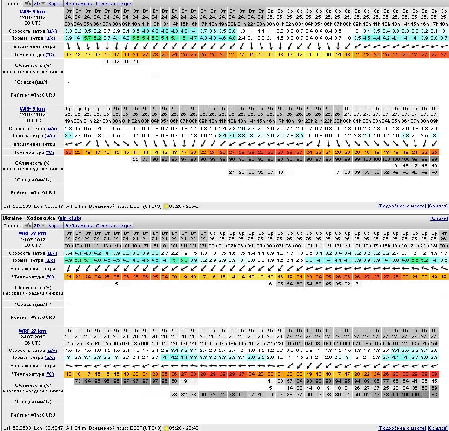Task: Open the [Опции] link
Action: pos(439,218)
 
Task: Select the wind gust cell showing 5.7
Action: pos(87,38)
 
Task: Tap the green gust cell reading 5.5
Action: pos(136,38)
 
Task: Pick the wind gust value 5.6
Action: pos(415,260)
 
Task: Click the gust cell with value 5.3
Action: pos(184,260)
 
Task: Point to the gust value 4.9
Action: pos(68,260)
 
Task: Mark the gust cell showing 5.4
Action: pos(146,38)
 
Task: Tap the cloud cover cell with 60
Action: pos(299,284)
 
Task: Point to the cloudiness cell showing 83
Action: pos(434,394)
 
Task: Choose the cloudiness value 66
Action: pos(203,394)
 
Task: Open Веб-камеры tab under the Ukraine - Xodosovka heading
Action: pos(79,225)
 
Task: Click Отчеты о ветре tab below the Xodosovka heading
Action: pos(114,225)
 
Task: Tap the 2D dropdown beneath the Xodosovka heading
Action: pos(40,225)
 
